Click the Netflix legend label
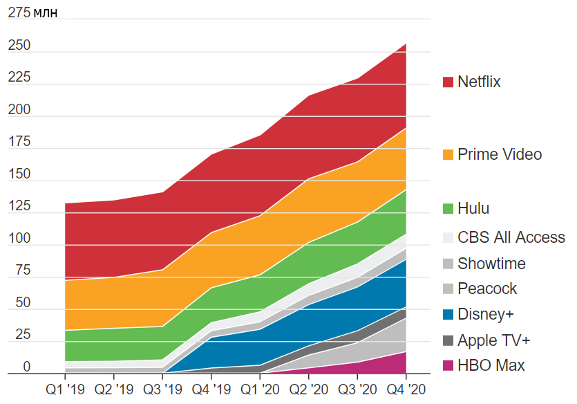click(x=479, y=82)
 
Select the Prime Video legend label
click(x=500, y=154)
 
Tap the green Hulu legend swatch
click(x=448, y=209)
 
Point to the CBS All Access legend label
click(x=511, y=238)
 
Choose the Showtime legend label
click(x=491, y=264)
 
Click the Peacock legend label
click(x=487, y=289)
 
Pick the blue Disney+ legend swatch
click(x=448, y=315)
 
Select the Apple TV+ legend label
click(x=493, y=340)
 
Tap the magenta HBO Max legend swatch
click(x=448, y=366)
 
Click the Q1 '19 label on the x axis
click(x=65, y=389)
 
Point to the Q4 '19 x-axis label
click(x=211, y=389)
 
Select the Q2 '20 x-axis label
click(x=309, y=389)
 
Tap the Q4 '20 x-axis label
click(x=406, y=389)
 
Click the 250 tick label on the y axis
click(x=19, y=46)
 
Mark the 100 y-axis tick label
click(x=19, y=239)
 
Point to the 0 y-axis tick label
click(x=27, y=367)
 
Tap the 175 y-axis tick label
click(x=19, y=143)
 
